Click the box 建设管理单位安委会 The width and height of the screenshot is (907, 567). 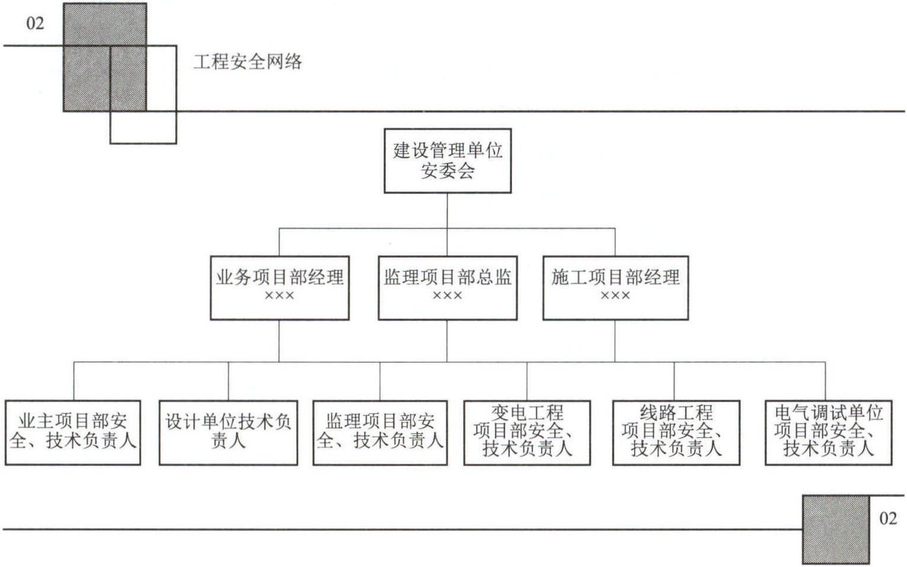point(448,161)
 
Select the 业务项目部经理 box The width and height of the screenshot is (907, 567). point(279,288)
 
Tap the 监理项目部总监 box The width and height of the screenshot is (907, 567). point(448,288)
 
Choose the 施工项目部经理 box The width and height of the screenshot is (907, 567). point(616,288)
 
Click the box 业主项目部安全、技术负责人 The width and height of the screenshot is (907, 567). point(73,433)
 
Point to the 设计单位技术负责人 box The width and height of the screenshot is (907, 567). point(229,433)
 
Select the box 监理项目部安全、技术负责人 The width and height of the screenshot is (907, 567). point(380,433)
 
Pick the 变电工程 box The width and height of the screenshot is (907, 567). point(527,433)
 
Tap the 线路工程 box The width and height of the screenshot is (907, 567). point(676,433)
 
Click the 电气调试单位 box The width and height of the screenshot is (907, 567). point(828,433)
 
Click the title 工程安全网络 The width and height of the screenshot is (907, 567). point(248,62)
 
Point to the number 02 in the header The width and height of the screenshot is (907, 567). point(36,24)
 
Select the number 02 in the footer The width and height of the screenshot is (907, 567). point(888,518)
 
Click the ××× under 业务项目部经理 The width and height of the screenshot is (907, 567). point(279,296)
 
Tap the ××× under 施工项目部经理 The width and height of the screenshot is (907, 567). point(616,296)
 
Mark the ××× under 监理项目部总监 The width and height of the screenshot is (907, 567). point(448,296)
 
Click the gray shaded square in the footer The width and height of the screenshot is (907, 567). point(836,529)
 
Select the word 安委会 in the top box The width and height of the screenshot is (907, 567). point(448,171)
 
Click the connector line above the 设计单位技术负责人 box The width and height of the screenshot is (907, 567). point(229,381)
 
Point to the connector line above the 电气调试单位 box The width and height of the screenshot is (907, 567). point(825,381)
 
